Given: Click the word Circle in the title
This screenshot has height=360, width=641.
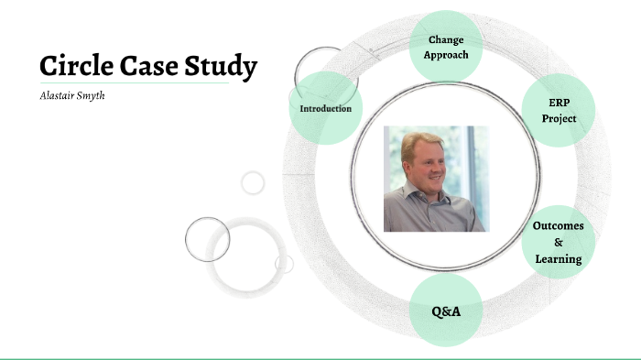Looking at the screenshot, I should [78, 67].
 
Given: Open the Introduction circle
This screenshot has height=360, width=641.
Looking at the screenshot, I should [326, 108].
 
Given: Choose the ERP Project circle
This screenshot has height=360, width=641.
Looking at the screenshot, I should [559, 110].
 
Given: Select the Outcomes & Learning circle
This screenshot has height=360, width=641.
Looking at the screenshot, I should [559, 242].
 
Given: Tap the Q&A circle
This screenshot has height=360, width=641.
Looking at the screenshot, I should [446, 311].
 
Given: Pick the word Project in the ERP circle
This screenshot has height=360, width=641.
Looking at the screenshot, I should [559, 119].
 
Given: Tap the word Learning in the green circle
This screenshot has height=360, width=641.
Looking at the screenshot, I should [559, 259].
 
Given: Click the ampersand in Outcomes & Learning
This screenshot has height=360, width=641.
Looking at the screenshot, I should [559, 243].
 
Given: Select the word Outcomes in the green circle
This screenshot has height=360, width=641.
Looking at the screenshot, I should [559, 225].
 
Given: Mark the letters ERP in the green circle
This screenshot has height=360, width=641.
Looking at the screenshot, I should [559, 102].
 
